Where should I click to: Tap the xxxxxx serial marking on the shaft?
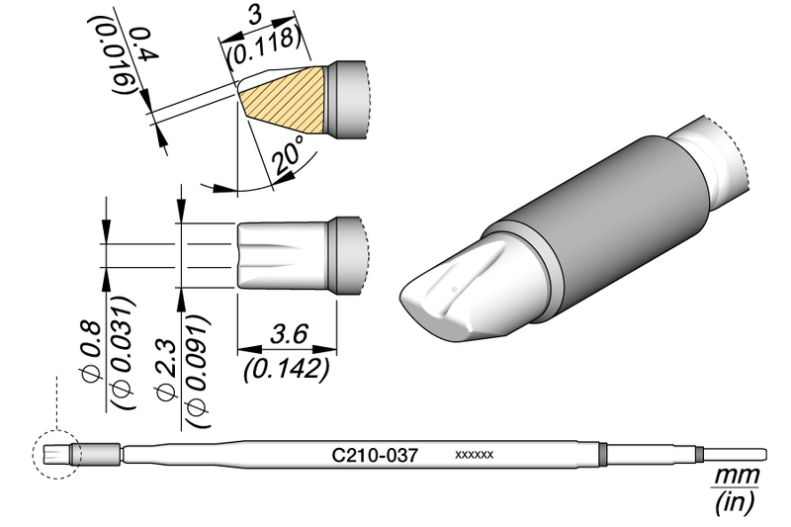point(474,456)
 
